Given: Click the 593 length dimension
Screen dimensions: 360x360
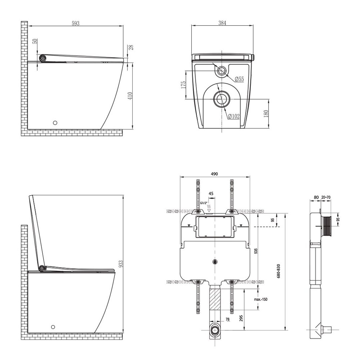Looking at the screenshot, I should (76, 23).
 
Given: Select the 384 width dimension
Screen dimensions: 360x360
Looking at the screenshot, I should (222, 23).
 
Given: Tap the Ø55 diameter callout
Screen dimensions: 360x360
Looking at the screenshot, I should (239, 79).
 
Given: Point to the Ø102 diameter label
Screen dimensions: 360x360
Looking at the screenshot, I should (234, 116).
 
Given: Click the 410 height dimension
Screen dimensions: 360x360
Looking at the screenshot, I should (130, 96).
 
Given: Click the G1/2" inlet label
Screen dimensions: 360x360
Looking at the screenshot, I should (204, 203).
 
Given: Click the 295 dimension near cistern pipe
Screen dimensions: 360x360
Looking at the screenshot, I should (241, 318).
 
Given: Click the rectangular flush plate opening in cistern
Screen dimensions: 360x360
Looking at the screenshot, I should (215, 227).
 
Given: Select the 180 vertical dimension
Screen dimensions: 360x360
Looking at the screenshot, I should (266, 114).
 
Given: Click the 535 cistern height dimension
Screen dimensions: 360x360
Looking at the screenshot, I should (256, 251).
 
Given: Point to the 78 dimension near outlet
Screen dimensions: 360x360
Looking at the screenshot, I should (228, 319).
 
